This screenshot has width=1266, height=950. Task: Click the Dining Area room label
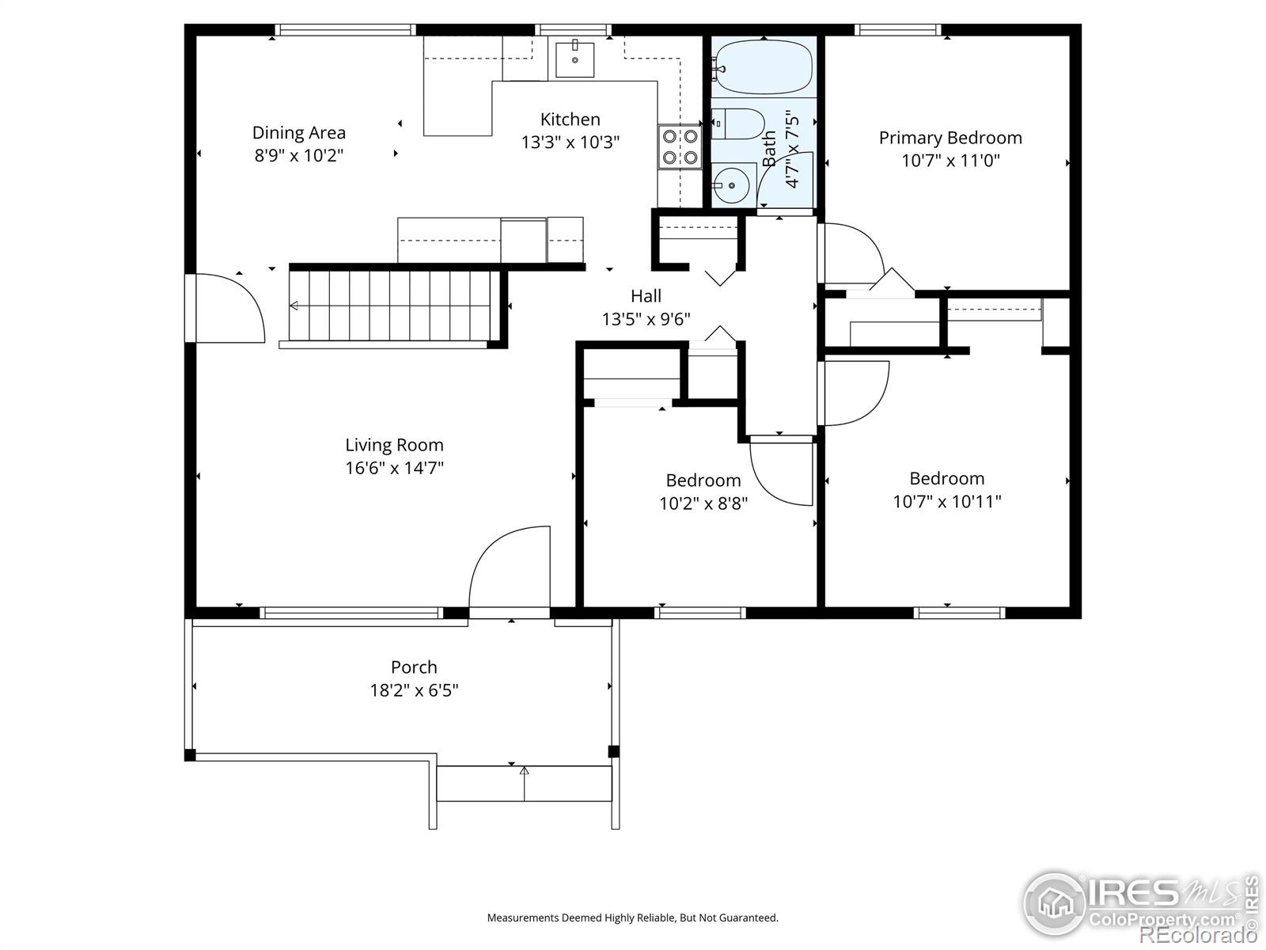click(299, 133)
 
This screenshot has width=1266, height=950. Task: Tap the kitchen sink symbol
click(574, 58)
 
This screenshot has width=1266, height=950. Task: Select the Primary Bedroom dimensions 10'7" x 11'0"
click(950, 161)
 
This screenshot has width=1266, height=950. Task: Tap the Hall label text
click(646, 296)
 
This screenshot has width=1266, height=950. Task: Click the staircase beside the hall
click(392, 306)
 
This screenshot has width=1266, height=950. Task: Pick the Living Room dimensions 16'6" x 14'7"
click(394, 468)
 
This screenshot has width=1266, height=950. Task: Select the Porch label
click(414, 667)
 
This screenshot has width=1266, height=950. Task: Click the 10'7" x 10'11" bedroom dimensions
click(947, 501)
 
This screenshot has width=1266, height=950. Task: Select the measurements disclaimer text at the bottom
click(632, 918)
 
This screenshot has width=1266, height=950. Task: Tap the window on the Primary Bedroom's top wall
click(898, 30)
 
